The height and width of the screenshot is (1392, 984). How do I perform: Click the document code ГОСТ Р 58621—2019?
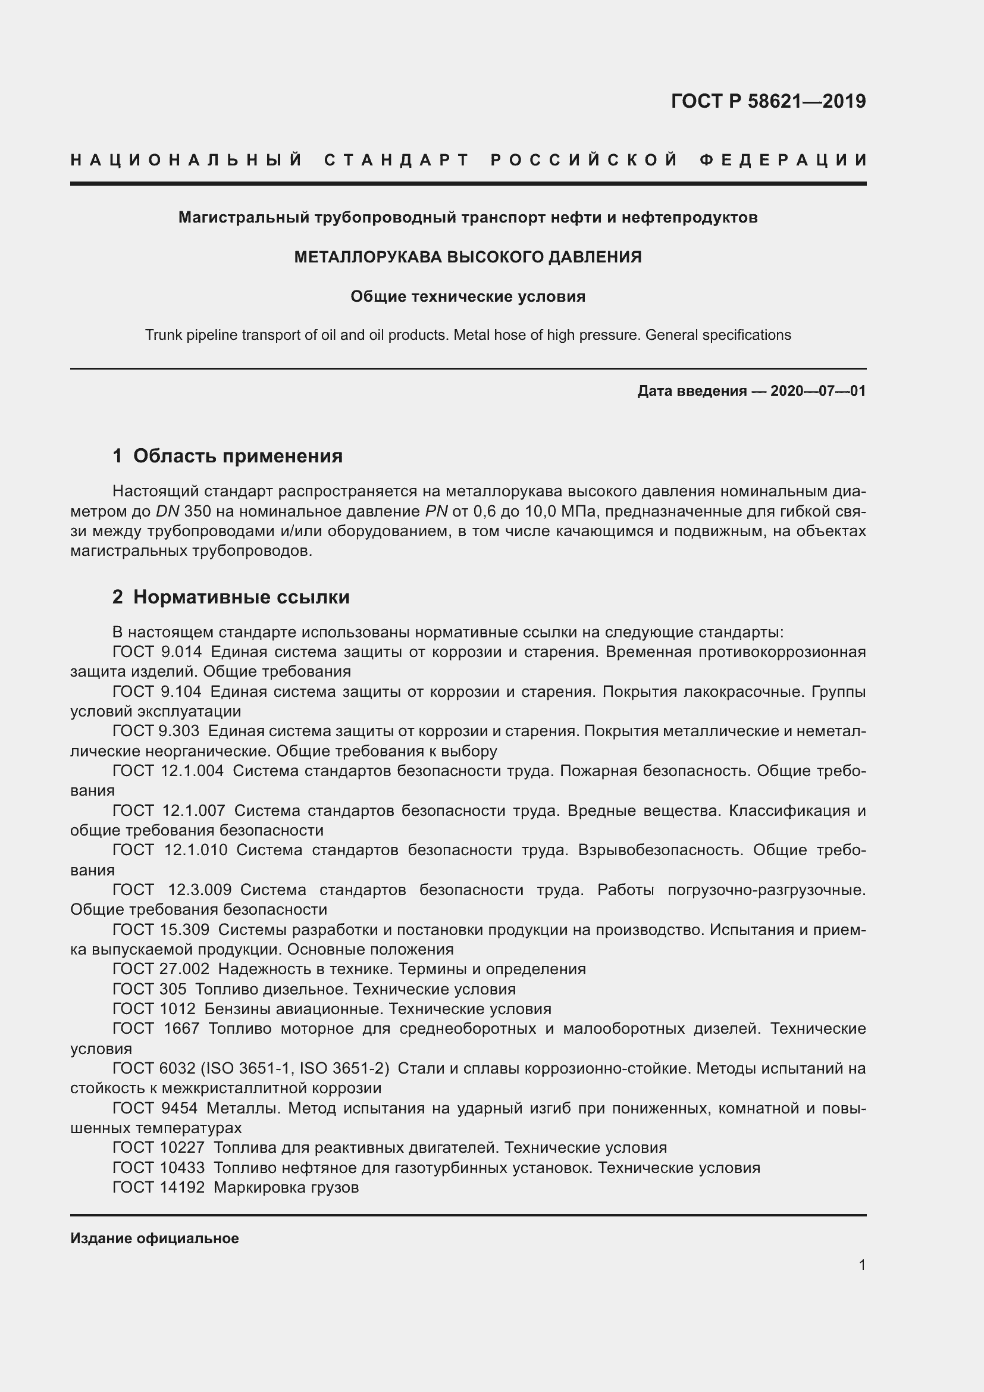pos(767,101)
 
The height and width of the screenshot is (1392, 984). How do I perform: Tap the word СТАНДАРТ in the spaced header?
pos(397,160)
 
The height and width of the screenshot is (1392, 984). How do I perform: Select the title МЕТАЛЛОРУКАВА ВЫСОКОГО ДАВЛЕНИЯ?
pos(468,257)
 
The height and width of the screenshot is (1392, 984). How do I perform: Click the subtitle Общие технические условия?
pos(468,296)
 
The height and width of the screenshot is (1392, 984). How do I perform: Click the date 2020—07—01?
pos(818,391)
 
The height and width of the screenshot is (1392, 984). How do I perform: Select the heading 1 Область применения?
pos(228,456)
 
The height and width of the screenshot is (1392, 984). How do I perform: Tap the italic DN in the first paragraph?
pos(167,511)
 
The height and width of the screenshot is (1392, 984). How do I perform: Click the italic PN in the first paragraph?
pos(436,511)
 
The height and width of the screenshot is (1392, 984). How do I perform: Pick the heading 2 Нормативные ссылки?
pos(231,597)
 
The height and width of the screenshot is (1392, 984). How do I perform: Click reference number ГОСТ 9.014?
pos(157,652)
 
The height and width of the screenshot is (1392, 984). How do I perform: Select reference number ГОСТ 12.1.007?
pos(169,811)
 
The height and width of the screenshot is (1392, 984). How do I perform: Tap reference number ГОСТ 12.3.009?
pos(172,890)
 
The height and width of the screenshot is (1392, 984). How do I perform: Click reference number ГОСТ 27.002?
pos(161,969)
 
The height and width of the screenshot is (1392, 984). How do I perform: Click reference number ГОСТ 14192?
pos(159,1187)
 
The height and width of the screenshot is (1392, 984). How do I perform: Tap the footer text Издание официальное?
pos(155,1238)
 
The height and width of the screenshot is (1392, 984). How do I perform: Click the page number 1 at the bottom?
pos(861,1265)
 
